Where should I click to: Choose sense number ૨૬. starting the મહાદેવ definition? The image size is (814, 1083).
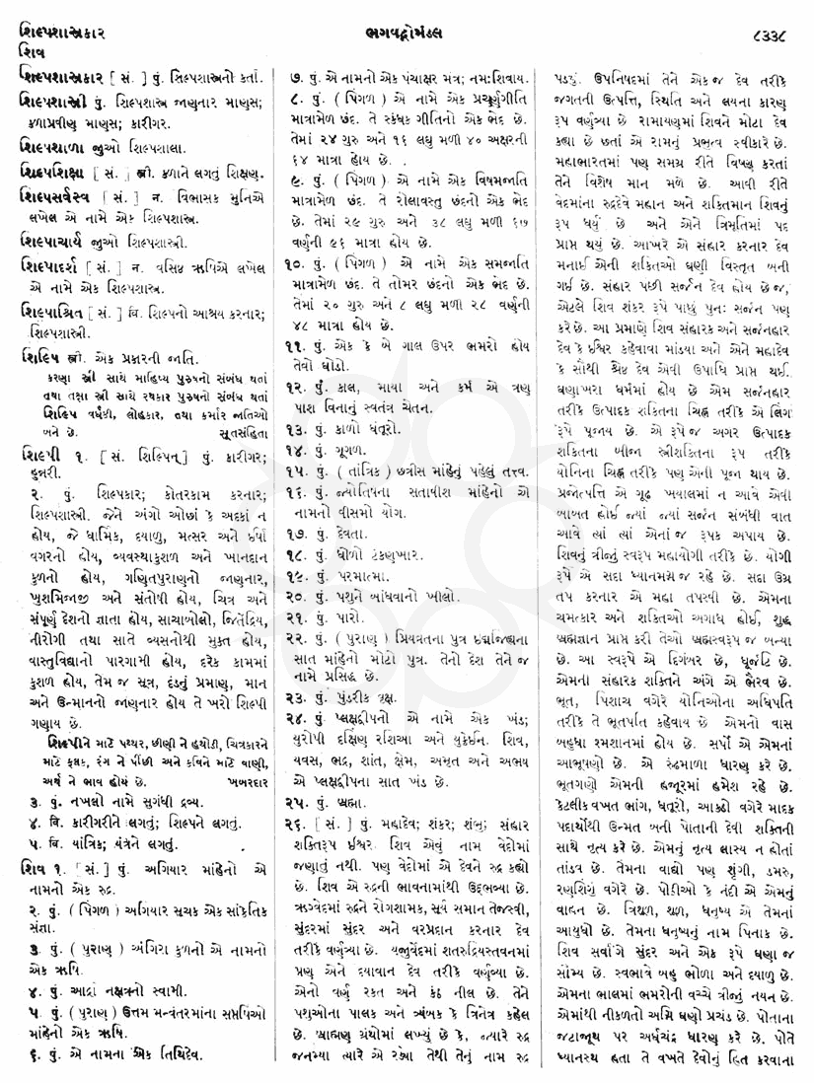tap(286, 794)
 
